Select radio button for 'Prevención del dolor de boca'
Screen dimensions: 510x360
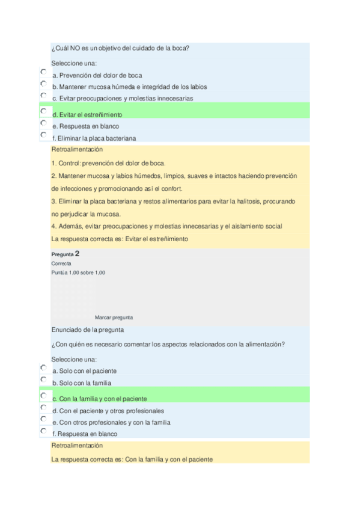click(x=43, y=72)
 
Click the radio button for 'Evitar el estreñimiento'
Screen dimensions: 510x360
click(x=43, y=111)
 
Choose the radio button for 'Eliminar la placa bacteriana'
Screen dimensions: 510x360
click(x=43, y=135)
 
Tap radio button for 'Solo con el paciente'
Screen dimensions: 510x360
click(x=43, y=367)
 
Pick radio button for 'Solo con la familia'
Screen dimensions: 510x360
click(x=43, y=379)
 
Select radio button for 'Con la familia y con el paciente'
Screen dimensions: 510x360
click(x=43, y=396)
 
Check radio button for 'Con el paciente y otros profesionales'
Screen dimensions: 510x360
click(x=43, y=407)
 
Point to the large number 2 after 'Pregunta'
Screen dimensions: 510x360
click(x=78, y=254)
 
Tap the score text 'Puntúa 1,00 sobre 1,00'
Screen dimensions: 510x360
click(x=78, y=272)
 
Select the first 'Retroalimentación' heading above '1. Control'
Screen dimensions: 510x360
click(x=78, y=150)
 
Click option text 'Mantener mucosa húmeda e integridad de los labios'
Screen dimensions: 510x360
click(x=129, y=87)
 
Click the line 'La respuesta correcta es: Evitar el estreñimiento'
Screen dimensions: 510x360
click(x=120, y=239)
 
